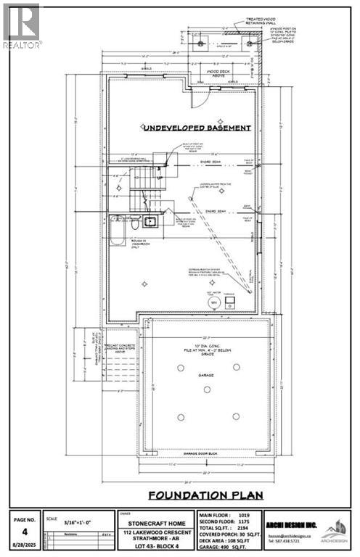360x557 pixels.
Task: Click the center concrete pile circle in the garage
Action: pyautogui.click(x=207, y=389)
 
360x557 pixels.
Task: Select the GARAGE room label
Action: pyautogui.click(x=207, y=356)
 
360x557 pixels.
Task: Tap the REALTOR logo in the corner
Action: pyautogui.click(x=22, y=25)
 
